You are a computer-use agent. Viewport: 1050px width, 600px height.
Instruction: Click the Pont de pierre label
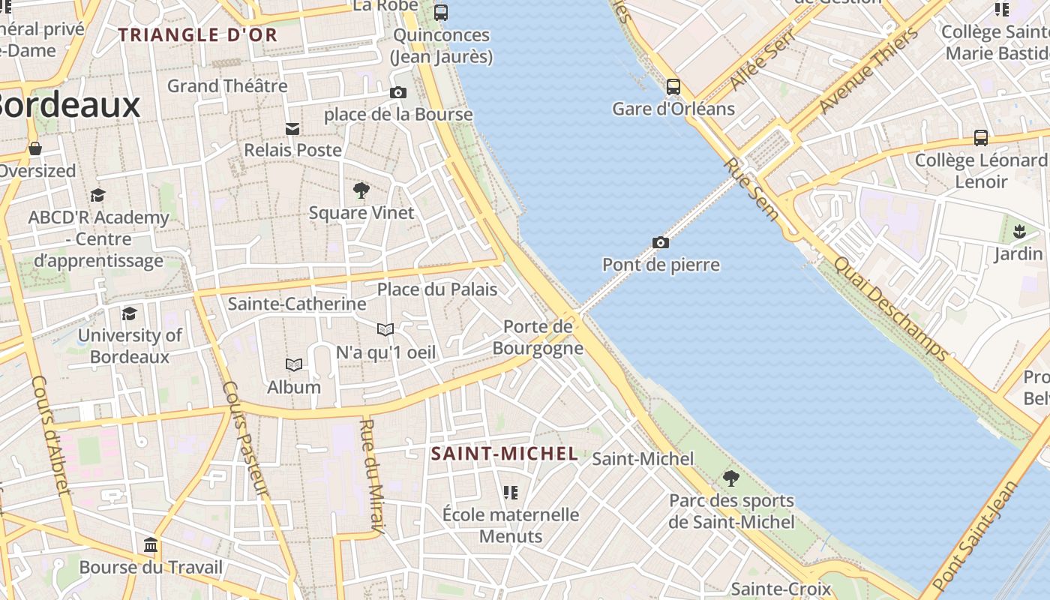[x=661, y=265]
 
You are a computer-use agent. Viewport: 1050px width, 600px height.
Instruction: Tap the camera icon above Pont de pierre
[x=661, y=242]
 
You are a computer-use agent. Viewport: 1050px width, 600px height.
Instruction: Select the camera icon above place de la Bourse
[x=398, y=93]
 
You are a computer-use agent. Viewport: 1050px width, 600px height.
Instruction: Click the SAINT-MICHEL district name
[x=505, y=453]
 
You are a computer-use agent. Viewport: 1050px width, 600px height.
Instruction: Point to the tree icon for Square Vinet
[x=361, y=190]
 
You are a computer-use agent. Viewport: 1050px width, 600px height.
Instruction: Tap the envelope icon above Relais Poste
[x=292, y=129]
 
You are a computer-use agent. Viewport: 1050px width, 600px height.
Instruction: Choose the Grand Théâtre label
[x=227, y=85]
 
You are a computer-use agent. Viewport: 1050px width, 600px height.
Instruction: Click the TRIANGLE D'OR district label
[x=198, y=34]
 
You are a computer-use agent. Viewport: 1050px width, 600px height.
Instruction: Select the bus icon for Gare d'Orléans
[x=673, y=87]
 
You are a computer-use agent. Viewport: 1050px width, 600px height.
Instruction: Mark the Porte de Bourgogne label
[x=538, y=337]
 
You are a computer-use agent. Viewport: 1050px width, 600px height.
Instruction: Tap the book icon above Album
[x=294, y=365]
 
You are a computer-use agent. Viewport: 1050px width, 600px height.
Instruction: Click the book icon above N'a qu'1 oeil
[x=385, y=329]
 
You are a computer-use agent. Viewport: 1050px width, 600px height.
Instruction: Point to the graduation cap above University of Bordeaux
[x=130, y=313]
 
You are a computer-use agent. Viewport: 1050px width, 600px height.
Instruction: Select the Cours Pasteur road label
[x=245, y=438]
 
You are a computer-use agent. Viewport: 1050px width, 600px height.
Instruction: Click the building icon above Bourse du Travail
[x=151, y=544]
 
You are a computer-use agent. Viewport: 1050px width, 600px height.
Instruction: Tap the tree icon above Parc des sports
[x=731, y=478]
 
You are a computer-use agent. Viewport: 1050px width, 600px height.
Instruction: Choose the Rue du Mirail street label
[x=372, y=477]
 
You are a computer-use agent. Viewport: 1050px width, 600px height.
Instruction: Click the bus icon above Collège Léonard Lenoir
[x=981, y=138]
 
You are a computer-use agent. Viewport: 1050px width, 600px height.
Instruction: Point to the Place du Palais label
[x=436, y=289]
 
